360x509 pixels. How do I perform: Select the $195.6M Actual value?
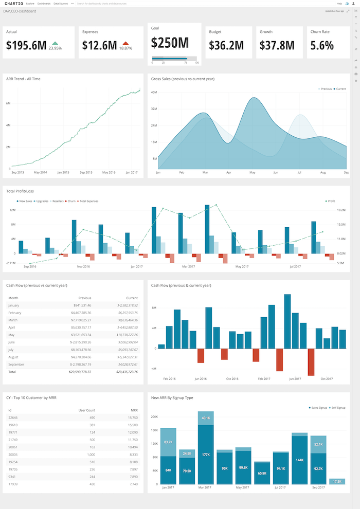(x=26, y=45)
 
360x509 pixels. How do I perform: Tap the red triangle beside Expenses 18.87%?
(x=125, y=44)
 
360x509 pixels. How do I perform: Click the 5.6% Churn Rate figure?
(x=322, y=45)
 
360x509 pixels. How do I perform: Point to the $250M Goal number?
(x=170, y=42)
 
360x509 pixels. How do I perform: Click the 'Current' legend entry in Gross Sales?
(x=340, y=89)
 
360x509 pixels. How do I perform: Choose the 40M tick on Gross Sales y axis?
(x=154, y=92)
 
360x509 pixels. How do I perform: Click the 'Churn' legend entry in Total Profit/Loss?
(x=71, y=201)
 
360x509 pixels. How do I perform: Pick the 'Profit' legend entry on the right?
(x=331, y=201)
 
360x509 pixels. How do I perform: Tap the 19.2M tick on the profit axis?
(x=340, y=210)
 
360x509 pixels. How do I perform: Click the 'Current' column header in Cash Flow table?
(x=132, y=298)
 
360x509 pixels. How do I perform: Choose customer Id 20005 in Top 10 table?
(x=13, y=455)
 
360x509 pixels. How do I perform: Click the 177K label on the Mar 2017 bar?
(x=206, y=454)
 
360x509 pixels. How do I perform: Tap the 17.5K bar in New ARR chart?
(x=337, y=481)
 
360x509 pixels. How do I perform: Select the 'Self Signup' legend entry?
(x=338, y=407)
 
